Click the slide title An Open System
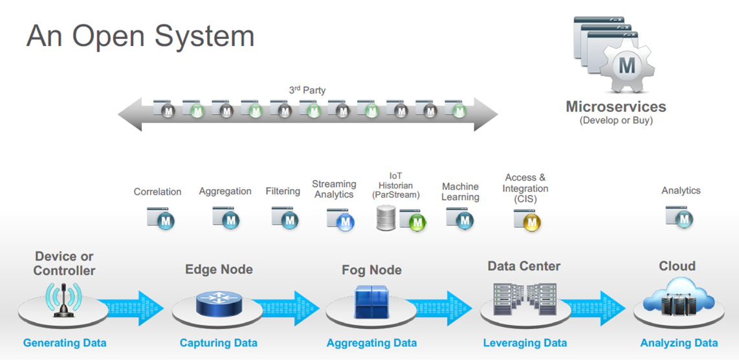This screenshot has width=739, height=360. pos(140,36)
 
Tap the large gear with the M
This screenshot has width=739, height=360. pos(626,65)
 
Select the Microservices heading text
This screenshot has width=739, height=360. pos(615,107)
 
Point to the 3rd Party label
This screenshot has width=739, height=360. pos(307,91)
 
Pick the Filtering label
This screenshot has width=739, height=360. pos(283,191)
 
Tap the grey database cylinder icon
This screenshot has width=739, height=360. pos(386,218)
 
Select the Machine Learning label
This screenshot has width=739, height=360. pos(460,192)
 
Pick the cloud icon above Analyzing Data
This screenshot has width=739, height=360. pos(678,298)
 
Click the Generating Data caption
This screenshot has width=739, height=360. pos(65,343)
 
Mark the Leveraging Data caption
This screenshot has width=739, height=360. pos(525,343)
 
